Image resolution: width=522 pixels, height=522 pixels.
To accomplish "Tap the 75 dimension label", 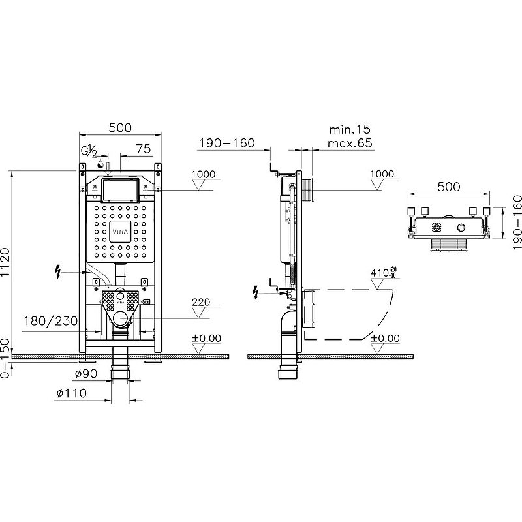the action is [144, 149].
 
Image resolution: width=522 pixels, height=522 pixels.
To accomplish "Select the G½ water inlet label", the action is [89, 151].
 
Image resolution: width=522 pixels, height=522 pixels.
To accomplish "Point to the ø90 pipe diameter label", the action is [86, 373].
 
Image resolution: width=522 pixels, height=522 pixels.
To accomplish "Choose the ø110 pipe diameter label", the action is [72, 393].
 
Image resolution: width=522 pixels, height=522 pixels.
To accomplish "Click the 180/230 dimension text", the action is [51, 321].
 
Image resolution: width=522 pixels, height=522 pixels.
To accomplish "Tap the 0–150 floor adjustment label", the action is [5, 358].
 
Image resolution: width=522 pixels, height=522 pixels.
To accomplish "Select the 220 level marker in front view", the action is [201, 302].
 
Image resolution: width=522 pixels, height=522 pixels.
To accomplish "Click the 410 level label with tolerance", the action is [383, 272].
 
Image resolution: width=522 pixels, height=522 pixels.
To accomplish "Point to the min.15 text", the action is [350, 129].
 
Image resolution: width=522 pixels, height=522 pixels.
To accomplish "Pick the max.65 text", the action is [350, 143].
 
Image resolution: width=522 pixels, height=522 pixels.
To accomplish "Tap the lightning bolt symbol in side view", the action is [256, 292].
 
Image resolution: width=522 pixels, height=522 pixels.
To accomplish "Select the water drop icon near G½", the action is [100, 164].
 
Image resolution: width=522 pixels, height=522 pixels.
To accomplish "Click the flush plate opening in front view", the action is [120, 190].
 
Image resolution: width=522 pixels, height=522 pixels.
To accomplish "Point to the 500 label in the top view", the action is [449, 187].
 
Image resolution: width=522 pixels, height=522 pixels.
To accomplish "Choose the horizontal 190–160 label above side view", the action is [226, 143].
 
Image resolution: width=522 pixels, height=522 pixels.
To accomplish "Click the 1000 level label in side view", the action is [382, 174].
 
